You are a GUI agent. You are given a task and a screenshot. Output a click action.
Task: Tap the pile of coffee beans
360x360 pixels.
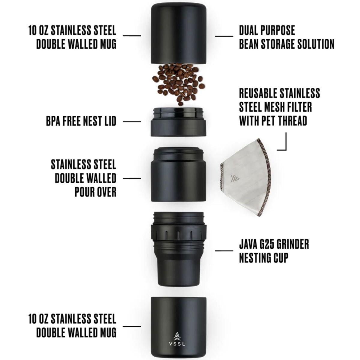click(178, 84)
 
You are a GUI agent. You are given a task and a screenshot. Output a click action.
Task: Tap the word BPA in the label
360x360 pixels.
click(53, 121)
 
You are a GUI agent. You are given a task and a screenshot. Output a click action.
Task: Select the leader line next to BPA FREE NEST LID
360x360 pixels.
click(132, 121)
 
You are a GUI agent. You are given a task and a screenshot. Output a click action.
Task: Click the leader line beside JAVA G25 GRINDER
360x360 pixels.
click(224, 250)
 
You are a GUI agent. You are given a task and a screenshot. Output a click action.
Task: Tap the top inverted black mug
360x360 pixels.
click(178, 34)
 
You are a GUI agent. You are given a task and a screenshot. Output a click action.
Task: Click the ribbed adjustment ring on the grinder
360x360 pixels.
click(179, 233)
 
